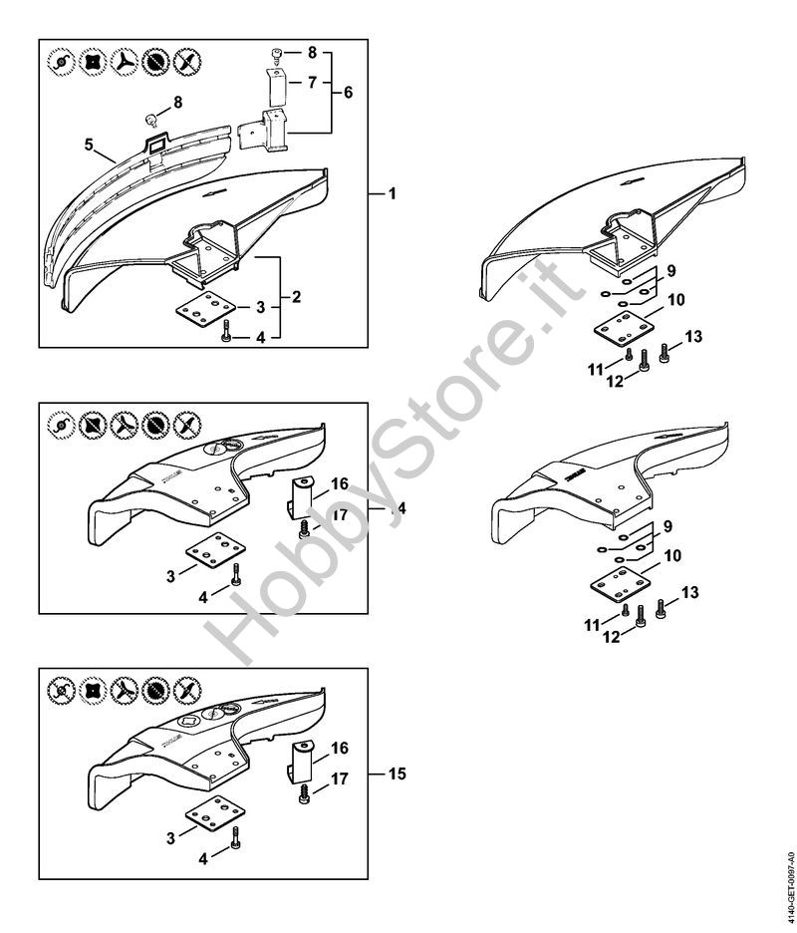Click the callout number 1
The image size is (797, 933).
[x=392, y=194]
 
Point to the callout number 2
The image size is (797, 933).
[x=296, y=296]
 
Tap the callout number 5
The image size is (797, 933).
[x=90, y=145]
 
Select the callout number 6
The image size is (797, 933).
[x=348, y=93]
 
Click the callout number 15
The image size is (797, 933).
[x=398, y=774]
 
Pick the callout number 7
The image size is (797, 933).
[x=312, y=82]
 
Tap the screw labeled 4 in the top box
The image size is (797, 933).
[x=225, y=330]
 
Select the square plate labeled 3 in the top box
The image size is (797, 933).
[x=205, y=308]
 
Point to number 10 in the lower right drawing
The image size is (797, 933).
[x=672, y=556]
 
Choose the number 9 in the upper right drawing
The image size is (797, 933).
[x=671, y=271]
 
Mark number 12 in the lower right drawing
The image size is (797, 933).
[x=612, y=637]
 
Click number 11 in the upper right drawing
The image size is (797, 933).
[x=596, y=370]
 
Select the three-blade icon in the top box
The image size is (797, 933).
[x=125, y=61]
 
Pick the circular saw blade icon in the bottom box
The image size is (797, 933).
[x=155, y=690]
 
